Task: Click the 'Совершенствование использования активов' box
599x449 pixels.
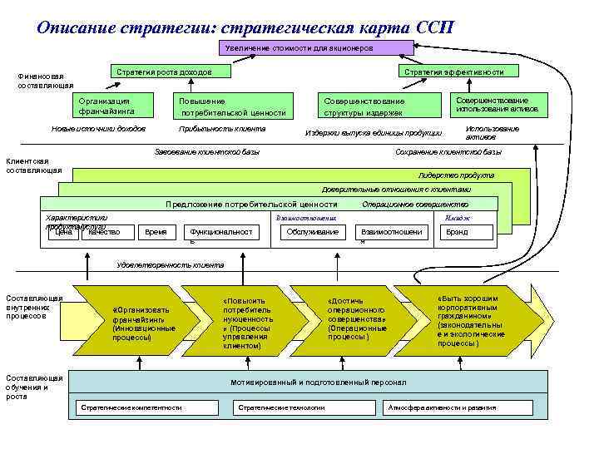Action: [498, 104]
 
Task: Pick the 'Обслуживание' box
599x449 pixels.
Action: [311, 232]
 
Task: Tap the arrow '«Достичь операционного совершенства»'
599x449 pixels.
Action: [356, 319]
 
